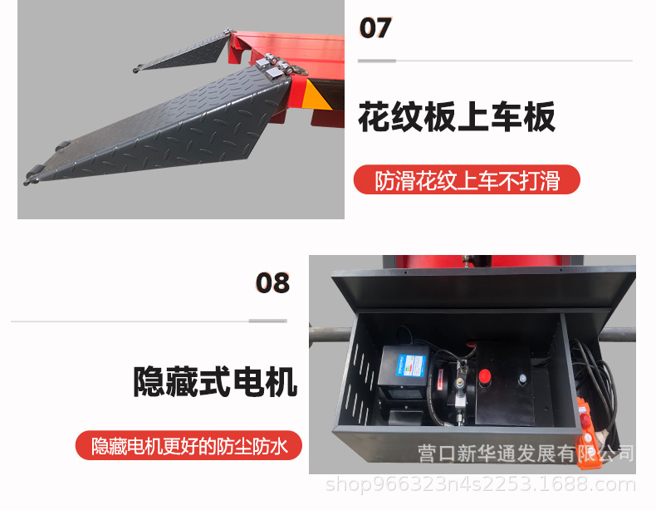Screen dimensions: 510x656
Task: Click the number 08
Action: click(x=272, y=283)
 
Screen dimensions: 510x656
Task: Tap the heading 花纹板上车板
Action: click(x=457, y=117)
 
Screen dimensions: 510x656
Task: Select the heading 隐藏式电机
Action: click(x=215, y=383)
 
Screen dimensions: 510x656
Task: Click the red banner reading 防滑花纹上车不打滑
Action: click(x=467, y=180)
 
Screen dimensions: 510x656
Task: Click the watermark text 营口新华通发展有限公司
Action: click(x=525, y=454)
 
